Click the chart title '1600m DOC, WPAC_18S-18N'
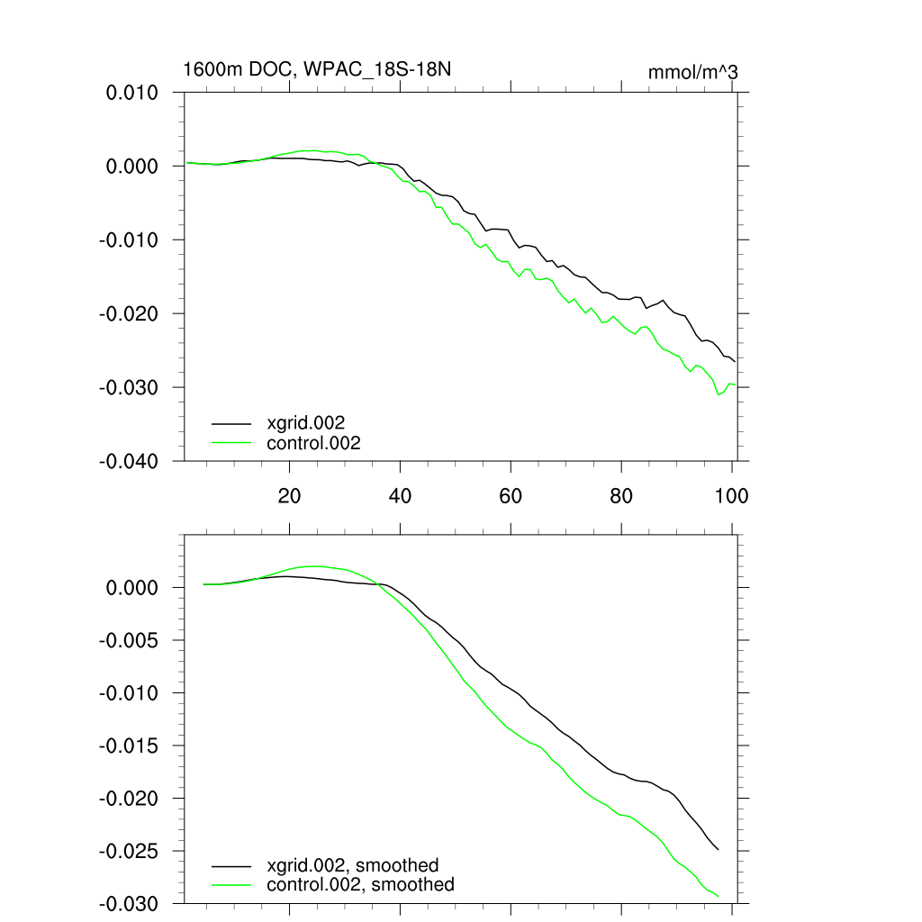[x=323, y=69]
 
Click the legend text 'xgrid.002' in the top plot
[x=306, y=421]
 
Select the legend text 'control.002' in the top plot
[x=313, y=443]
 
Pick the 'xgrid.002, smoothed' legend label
[x=353, y=864]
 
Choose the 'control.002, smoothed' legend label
[x=360, y=885]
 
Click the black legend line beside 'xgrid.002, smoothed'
[x=231, y=864]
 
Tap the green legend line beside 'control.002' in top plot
[x=231, y=443]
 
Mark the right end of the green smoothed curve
[x=718, y=896]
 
